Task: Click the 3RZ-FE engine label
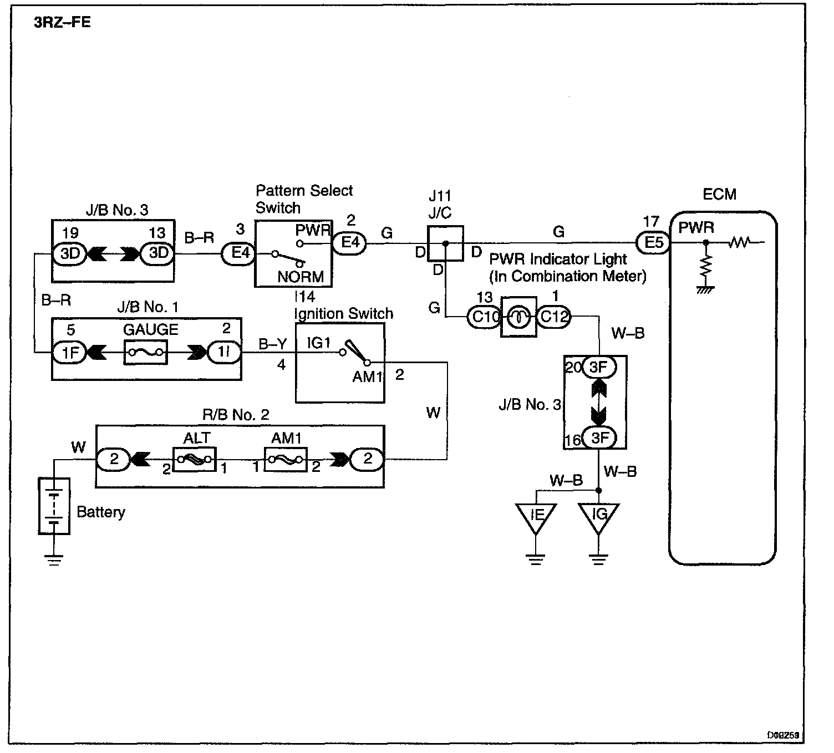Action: click(63, 23)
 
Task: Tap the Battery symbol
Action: click(54, 505)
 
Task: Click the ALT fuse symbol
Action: click(194, 460)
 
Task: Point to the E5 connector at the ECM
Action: click(653, 242)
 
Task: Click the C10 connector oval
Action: click(484, 317)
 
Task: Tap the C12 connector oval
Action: click(553, 317)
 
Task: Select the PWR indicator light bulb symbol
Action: click(518, 317)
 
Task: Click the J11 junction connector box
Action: click(445, 243)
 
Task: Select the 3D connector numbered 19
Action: click(70, 253)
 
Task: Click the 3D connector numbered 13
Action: click(158, 253)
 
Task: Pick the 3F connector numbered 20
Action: click(599, 367)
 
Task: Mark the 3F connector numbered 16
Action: click(599, 438)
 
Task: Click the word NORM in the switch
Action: click(301, 277)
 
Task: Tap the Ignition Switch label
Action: click(344, 314)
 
